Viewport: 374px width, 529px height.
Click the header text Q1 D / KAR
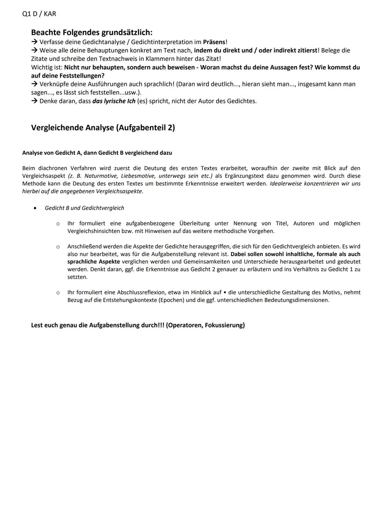coord(39,14)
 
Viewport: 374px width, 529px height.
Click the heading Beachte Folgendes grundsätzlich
coord(91,33)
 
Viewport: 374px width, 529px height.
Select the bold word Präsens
coord(214,42)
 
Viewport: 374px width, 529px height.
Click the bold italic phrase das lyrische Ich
coord(114,101)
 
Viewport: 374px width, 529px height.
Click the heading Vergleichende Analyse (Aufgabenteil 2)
coord(103,127)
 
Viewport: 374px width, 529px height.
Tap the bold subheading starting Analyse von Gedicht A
coord(97,153)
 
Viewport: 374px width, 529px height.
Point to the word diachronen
coord(52,168)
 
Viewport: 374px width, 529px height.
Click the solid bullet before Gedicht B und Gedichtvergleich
coord(35,208)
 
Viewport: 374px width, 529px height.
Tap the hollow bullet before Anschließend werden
coord(58,247)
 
